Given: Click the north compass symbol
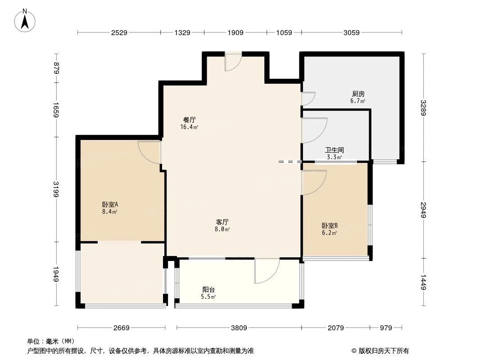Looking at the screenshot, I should tap(25, 20).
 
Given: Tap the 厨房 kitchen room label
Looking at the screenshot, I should tap(358, 94).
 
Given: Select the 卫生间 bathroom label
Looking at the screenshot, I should tap(335, 150).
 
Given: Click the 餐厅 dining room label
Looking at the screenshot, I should tap(189, 120).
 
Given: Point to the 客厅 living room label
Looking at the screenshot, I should tap(222, 222).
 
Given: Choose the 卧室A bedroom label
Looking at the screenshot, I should tap(110, 204).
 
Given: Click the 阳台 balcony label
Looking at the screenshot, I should tap(208, 290).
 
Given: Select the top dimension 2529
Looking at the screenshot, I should tap(119, 32).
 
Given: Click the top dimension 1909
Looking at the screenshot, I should tap(235, 32).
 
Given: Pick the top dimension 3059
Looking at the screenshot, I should tap(351, 32).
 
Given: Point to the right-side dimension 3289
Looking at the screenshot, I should tap(423, 108).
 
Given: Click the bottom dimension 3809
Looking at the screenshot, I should tap(239, 328).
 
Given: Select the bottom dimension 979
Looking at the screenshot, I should tap(386, 328).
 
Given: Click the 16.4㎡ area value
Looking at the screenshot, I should tap(189, 127).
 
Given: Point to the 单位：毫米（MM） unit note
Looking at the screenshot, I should tap(51, 342).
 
